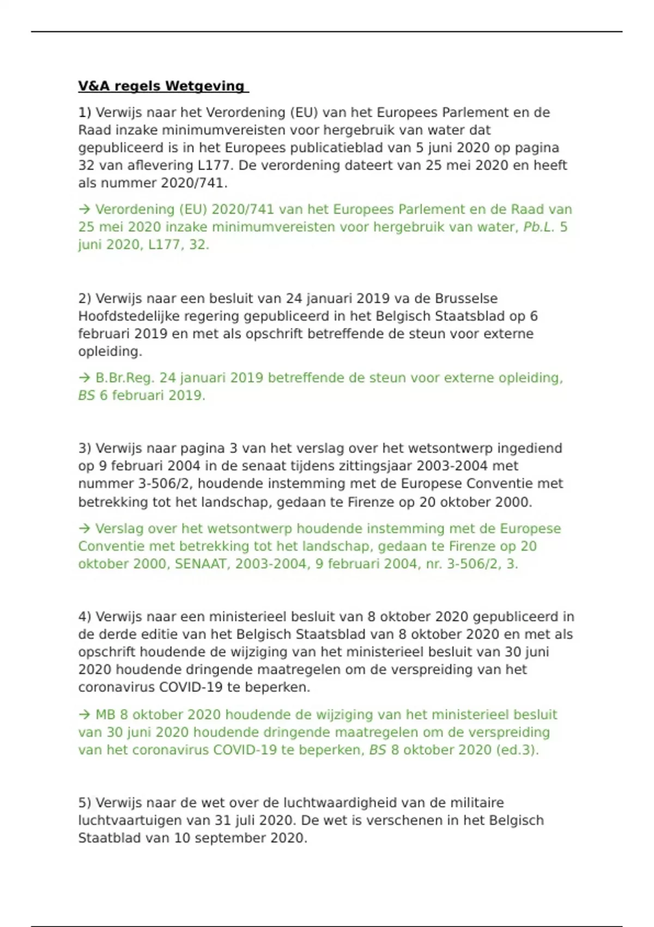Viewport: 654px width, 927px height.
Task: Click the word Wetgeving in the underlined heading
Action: tap(205, 86)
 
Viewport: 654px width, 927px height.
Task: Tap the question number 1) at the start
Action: tap(84, 113)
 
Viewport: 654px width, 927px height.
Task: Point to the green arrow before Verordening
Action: tap(84, 209)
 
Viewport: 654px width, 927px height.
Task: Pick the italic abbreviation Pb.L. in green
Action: tap(538, 227)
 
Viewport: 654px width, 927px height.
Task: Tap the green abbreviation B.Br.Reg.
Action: tap(125, 378)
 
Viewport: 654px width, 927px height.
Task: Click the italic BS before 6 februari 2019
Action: tap(86, 395)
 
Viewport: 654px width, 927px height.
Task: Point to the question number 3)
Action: tap(84, 448)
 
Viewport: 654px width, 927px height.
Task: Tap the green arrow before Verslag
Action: tap(84, 528)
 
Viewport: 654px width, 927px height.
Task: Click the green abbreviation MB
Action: tap(105, 715)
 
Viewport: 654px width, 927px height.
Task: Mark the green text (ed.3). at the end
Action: tap(517, 750)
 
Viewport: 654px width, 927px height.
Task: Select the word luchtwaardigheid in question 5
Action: tap(341, 803)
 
